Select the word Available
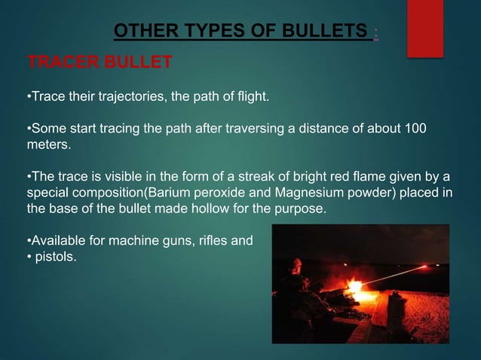[57, 243]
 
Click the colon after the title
[375, 32]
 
